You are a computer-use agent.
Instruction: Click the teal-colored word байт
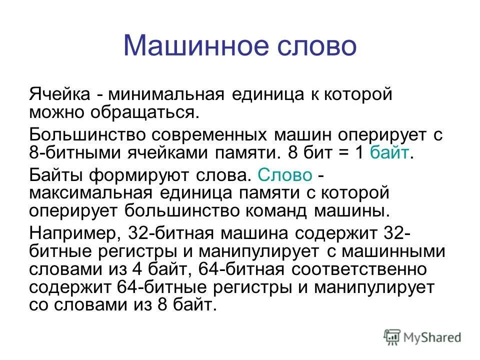[389, 152]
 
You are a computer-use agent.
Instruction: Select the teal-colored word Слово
[284, 175]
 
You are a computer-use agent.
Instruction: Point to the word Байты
[56, 175]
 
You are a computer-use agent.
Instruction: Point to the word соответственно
[359, 270]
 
